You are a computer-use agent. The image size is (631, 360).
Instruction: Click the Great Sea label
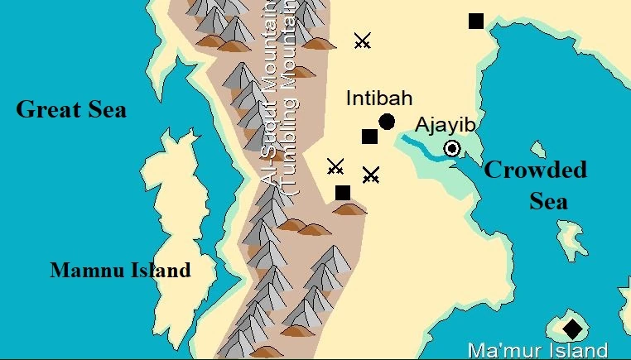click(x=72, y=108)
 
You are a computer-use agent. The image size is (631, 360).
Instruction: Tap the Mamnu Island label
click(x=120, y=270)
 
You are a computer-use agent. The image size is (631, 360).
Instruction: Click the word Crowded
click(x=535, y=170)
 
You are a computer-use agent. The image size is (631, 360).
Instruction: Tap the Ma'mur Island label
click(x=537, y=350)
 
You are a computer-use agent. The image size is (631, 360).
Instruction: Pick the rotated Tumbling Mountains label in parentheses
click(x=288, y=99)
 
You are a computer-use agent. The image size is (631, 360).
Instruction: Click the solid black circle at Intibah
click(x=387, y=122)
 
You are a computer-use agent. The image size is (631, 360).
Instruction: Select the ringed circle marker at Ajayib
click(x=452, y=149)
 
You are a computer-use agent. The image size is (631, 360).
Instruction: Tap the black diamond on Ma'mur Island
click(x=572, y=329)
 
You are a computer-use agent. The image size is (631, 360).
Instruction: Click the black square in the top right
click(x=476, y=21)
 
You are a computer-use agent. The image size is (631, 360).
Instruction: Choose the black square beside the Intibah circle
click(x=369, y=137)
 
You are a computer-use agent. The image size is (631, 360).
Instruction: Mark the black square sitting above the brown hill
click(x=343, y=193)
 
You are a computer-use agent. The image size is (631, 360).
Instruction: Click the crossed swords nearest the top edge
click(x=362, y=41)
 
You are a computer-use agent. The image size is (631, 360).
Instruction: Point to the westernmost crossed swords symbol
click(x=335, y=166)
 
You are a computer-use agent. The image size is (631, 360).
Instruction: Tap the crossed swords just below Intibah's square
click(x=371, y=175)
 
